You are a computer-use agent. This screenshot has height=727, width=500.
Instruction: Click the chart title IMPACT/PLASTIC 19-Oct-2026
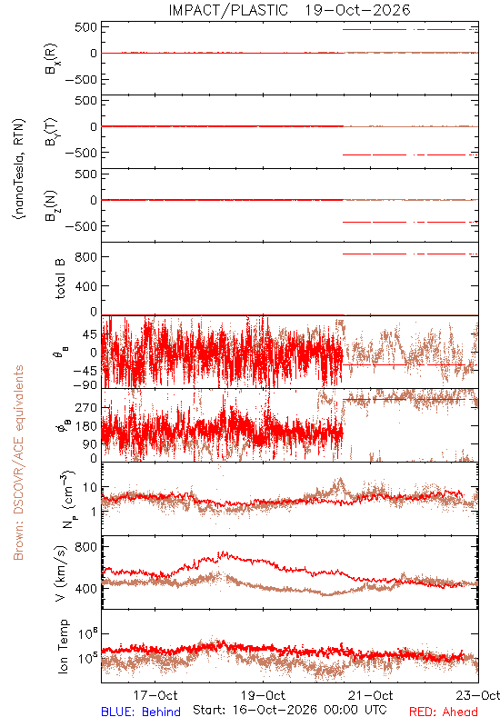point(289,10)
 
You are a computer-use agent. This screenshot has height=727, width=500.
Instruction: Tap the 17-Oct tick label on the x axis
point(155,695)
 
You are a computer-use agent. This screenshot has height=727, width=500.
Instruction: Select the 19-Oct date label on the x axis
point(264,695)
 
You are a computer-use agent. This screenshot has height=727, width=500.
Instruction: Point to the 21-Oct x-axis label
point(371,695)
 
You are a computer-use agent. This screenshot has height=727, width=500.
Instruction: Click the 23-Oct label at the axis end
point(478,695)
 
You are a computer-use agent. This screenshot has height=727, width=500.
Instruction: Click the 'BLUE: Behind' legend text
point(141,712)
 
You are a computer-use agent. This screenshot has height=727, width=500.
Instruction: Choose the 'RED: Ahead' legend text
point(443,712)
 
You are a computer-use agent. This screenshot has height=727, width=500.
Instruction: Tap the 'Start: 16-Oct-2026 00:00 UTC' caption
point(290,710)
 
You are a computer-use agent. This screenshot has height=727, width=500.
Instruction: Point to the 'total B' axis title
point(60,279)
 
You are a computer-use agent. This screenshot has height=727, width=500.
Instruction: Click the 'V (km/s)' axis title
point(61,573)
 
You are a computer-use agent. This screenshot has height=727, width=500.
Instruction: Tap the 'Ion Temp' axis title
point(63,646)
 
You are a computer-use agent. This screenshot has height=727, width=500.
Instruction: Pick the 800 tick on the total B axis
point(85,257)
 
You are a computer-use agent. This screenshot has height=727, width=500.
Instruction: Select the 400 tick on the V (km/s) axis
point(85,589)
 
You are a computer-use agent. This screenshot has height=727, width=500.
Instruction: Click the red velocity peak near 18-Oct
point(225,553)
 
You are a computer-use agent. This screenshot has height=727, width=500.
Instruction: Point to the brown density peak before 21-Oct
point(340,480)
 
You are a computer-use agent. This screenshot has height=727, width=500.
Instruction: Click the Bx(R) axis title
point(51,59)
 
